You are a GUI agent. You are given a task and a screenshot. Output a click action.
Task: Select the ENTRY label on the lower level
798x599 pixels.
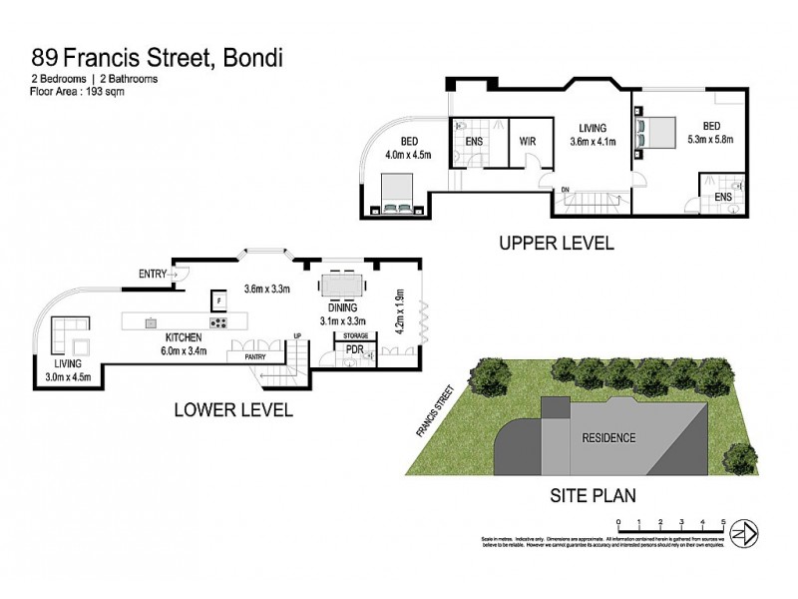coord(153,274)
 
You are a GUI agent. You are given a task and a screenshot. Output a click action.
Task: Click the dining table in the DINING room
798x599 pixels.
coord(342,286)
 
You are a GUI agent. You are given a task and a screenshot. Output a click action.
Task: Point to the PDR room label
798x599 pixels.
coord(353,351)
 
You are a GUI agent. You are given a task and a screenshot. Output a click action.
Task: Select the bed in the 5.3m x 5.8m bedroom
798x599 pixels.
coord(659,131)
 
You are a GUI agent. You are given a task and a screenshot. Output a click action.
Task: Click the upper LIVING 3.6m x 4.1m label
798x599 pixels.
coord(593,136)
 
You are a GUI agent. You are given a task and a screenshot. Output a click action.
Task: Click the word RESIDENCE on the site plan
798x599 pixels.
coord(607,437)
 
